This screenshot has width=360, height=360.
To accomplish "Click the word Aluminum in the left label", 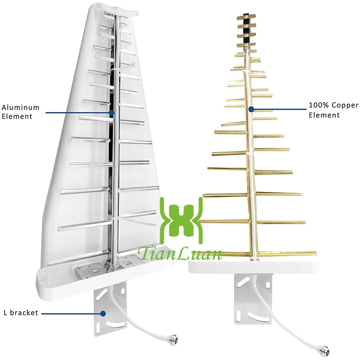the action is pos(21,108).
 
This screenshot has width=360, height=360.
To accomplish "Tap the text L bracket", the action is pos(21,313).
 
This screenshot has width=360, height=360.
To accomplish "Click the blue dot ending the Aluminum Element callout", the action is pos(112,113).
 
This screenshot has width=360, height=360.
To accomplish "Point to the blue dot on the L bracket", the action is pos(103,314).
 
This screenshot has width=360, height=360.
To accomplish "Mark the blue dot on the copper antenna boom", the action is pos(251,108).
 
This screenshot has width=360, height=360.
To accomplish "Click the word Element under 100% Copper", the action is pos(324,115).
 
